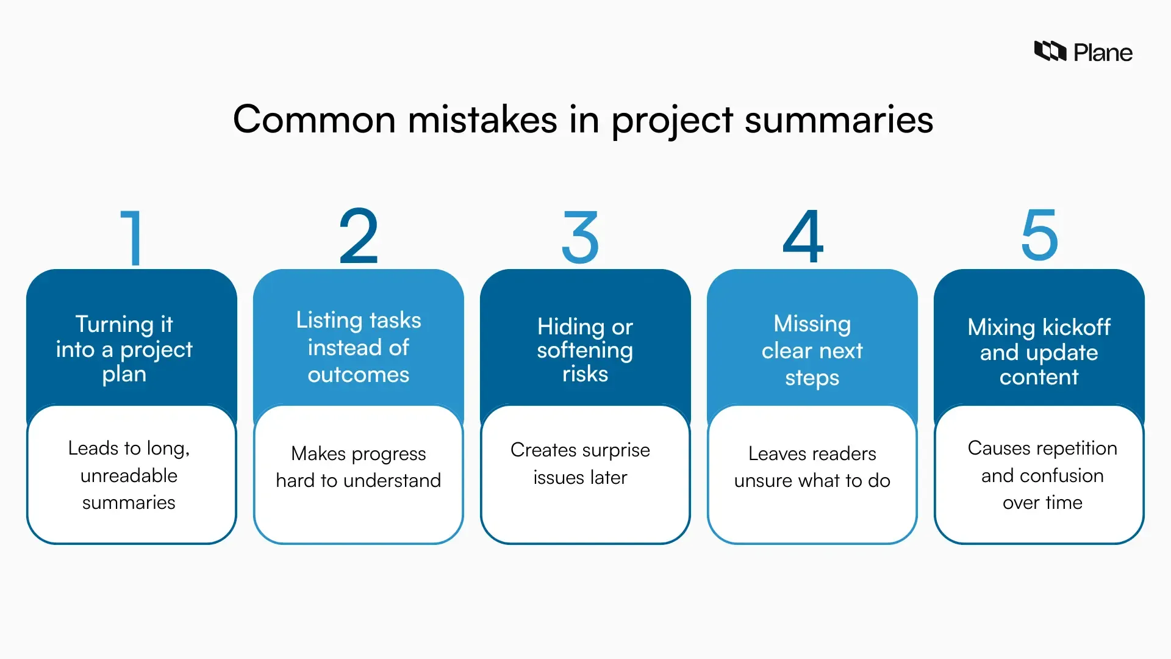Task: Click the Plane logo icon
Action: [x=1050, y=51]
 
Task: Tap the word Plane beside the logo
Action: [x=1103, y=53]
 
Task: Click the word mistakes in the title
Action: [x=482, y=119]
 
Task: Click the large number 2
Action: [x=359, y=236]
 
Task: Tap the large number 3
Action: [x=580, y=237]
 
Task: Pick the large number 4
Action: [x=803, y=236]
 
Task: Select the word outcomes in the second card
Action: [x=358, y=374]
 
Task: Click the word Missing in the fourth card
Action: [x=812, y=323]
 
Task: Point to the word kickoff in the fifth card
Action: [x=1076, y=327]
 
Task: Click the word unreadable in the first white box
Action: [x=129, y=475]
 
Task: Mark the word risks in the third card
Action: [x=585, y=373]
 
